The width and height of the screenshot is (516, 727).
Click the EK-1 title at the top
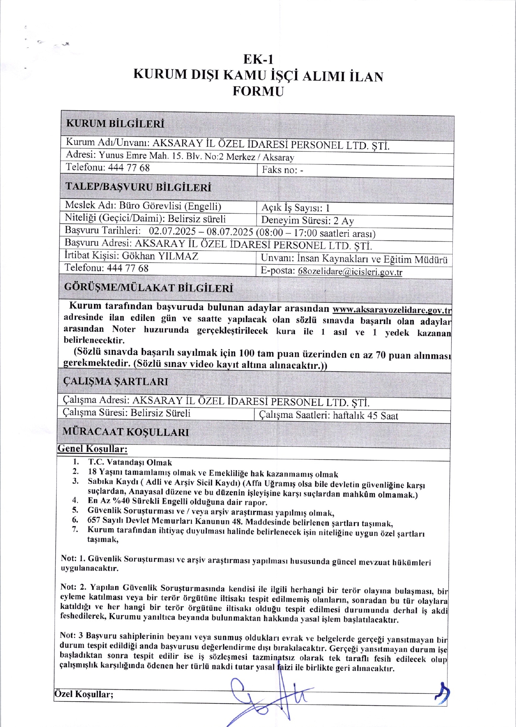point(258,59)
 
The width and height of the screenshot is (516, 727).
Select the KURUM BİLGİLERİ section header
point(115,124)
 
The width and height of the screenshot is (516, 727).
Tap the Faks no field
point(282,170)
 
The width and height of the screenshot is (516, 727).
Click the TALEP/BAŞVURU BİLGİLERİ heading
point(138,187)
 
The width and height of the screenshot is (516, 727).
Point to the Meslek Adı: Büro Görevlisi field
point(143,206)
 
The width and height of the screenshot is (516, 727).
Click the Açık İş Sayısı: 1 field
point(296,208)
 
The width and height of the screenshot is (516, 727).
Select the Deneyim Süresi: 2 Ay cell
point(307,221)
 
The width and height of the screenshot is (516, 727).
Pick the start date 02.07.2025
point(172,231)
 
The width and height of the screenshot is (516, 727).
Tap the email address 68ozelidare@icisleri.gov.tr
point(350,272)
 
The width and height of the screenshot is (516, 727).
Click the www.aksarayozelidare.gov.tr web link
point(392,310)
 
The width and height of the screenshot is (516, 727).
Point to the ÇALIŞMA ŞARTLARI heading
point(116,381)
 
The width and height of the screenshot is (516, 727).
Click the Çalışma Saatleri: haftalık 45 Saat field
point(328,416)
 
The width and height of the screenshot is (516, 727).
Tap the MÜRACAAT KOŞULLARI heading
point(125,432)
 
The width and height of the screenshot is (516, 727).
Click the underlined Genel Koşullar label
point(92,449)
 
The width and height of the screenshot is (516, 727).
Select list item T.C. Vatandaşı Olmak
point(130,462)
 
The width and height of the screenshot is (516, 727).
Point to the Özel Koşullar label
point(84,694)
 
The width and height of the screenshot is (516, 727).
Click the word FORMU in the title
point(258,92)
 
